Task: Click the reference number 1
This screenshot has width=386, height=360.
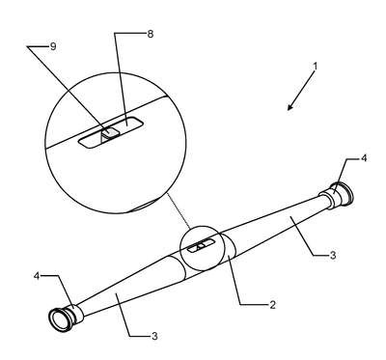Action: (x=316, y=67)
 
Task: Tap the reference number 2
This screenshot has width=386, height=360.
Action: (x=272, y=305)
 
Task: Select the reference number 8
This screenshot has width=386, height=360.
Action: (x=151, y=34)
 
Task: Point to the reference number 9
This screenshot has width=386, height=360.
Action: (x=53, y=46)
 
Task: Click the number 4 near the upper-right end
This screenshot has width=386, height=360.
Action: (x=364, y=158)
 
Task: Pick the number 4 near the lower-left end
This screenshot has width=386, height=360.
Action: (x=37, y=276)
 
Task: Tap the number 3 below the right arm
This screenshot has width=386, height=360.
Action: (x=333, y=255)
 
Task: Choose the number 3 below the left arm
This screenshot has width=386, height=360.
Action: (x=154, y=336)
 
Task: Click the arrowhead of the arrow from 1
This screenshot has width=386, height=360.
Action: (x=289, y=108)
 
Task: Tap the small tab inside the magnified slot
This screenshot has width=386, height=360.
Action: (x=110, y=132)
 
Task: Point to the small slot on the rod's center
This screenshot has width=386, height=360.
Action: (x=201, y=246)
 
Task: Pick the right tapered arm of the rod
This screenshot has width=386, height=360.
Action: (x=277, y=222)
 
